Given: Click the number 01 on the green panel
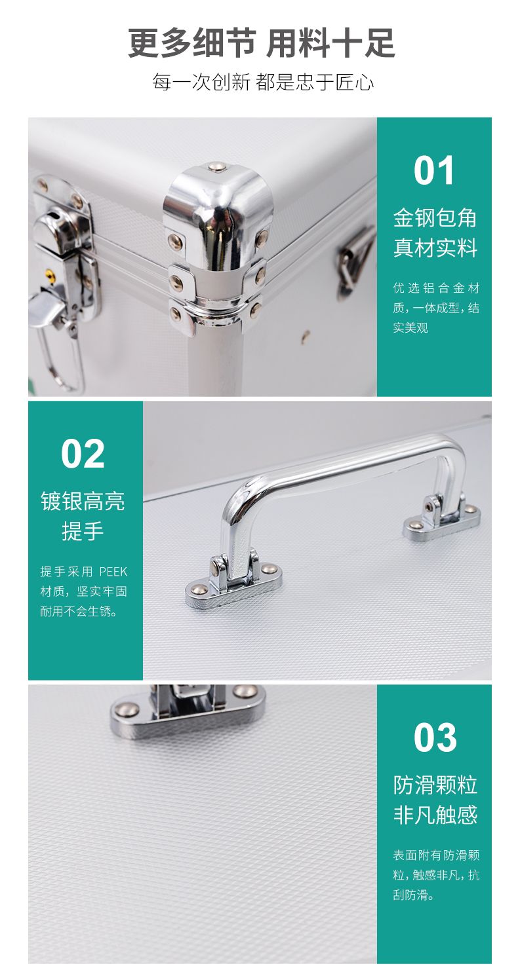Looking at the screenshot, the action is tap(433, 171).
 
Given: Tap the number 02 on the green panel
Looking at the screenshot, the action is tap(83, 454).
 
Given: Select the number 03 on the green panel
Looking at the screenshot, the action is tap(435, 737).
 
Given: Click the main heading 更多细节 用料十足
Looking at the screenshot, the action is tap(262, 43).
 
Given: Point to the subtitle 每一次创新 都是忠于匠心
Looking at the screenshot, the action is tap(263, 82).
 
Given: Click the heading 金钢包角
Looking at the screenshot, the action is tap(435, 217).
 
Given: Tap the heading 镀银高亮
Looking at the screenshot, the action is tap(83, 501).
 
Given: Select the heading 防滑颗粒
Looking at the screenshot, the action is tap(435, 785).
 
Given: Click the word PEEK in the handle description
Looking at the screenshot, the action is tap(113, 572).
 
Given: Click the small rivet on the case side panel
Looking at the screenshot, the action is tap(306, 335).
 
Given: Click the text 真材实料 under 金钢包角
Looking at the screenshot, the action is tap(435, 247).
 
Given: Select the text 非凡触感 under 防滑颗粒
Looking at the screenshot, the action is tap(435, 815).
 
